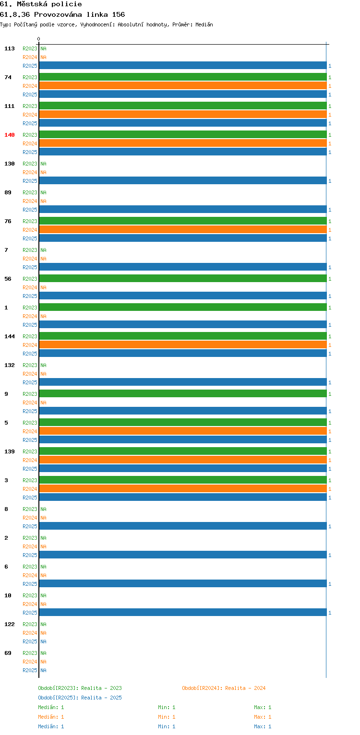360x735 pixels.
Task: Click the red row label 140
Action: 10,135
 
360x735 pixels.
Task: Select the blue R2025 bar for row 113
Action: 183,66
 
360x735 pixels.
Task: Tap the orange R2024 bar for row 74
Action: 183,86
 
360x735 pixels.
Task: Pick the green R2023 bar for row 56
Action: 183,279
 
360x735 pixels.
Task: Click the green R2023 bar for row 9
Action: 183,394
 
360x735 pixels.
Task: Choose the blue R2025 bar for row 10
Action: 183,612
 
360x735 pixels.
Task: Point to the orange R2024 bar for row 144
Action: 183,345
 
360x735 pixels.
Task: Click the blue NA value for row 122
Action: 43,641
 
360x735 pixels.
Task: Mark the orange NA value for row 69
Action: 43,662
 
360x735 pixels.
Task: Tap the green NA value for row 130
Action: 43,164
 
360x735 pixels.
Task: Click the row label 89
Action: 8,192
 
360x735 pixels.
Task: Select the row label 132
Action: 10,365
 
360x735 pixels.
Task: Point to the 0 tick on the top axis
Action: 38,39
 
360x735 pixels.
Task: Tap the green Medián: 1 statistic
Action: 51,707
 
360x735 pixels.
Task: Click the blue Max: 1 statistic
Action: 263,726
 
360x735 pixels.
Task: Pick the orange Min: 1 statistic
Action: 167,717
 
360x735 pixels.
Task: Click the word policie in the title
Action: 66,4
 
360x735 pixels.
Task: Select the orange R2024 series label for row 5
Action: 30,431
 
